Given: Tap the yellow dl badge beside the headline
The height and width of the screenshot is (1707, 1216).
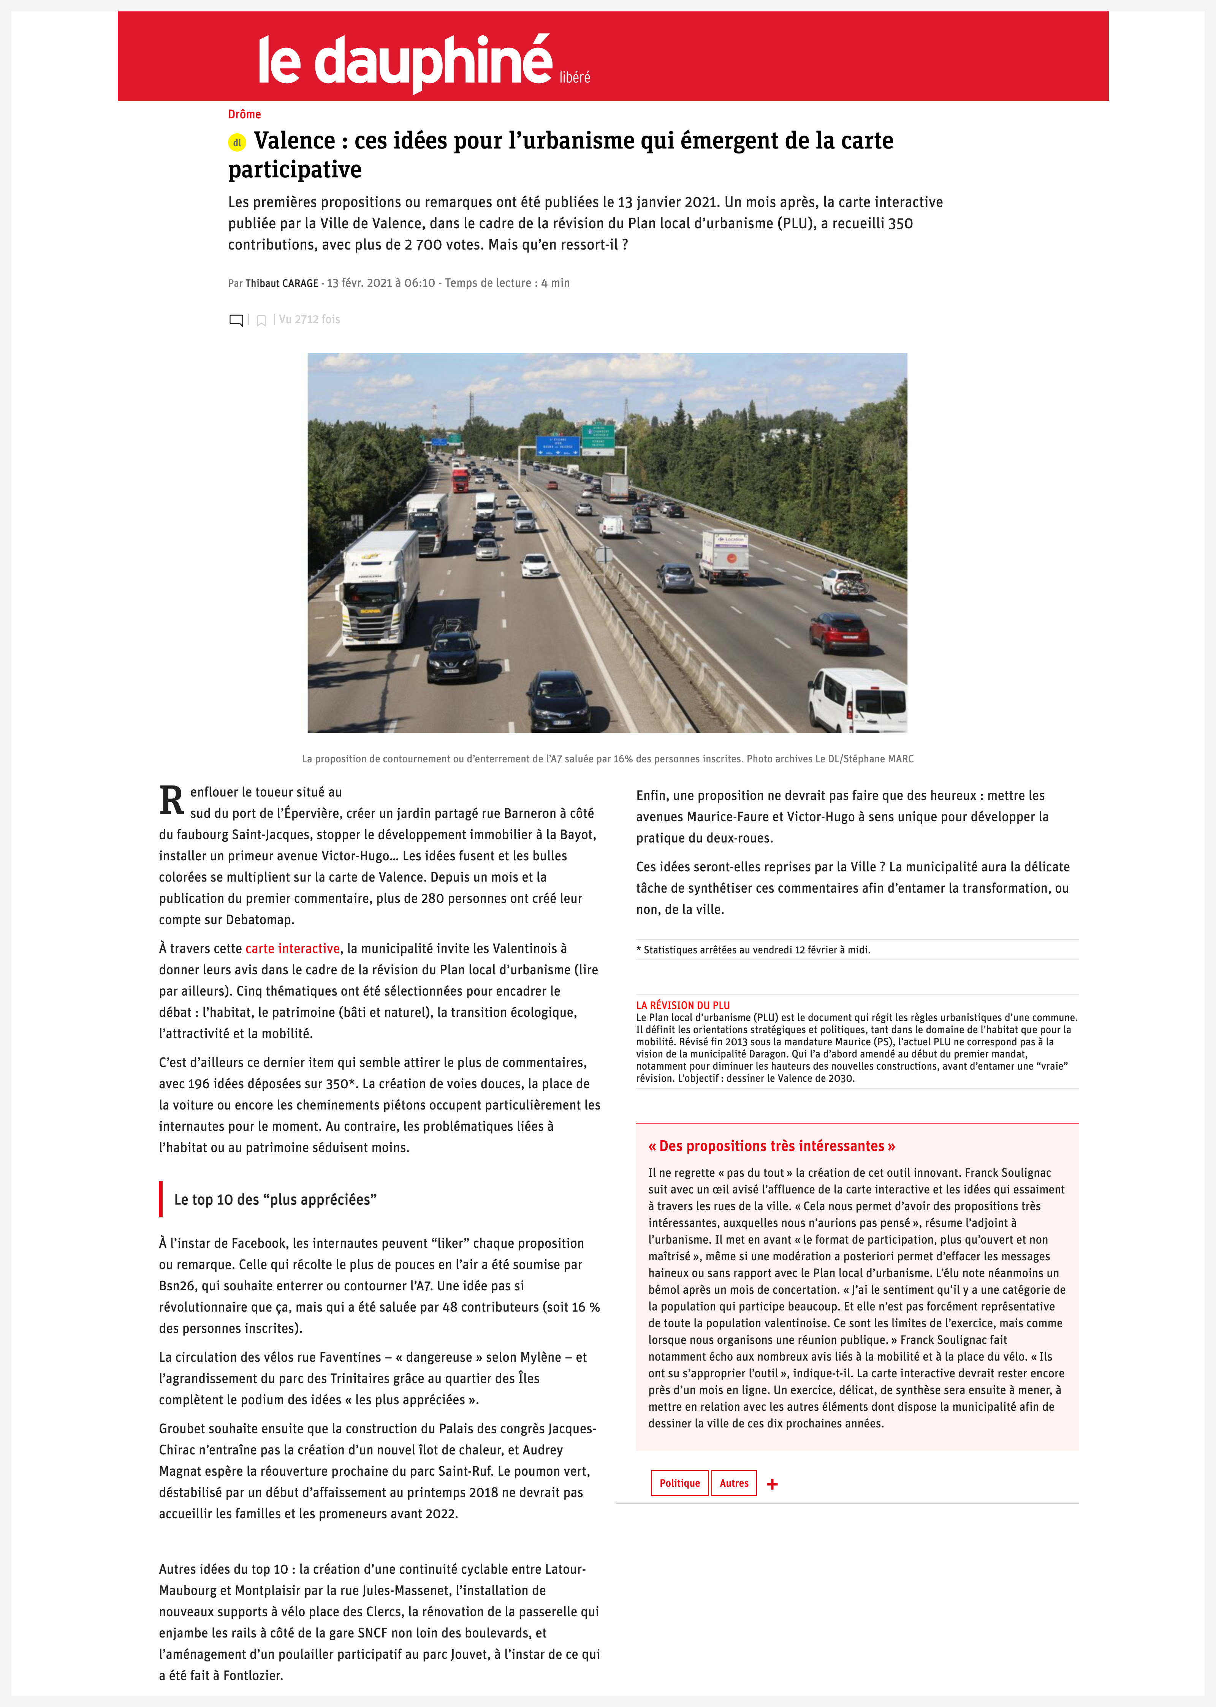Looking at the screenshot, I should [237, 142].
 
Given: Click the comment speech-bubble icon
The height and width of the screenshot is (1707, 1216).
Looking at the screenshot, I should [236, 320].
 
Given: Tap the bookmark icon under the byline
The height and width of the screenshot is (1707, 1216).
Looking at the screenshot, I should [261, 320].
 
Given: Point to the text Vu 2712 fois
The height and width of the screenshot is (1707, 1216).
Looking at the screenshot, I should [309, 319].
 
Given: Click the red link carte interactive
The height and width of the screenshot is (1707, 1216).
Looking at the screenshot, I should [292, 948].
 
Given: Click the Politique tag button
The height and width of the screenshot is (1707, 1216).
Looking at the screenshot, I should [679, 1483].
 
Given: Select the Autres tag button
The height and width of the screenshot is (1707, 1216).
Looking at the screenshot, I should [734, 1483].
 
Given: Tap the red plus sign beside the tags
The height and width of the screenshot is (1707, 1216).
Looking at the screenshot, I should [772, 1484].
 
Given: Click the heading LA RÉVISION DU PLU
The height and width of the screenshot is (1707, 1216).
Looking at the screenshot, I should [682, 1005].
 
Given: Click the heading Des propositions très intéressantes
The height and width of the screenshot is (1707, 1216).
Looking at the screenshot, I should [771, 1146].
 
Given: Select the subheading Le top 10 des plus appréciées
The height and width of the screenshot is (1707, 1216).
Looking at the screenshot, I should [275, 1199].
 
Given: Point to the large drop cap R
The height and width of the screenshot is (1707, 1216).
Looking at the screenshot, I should [171, 801].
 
